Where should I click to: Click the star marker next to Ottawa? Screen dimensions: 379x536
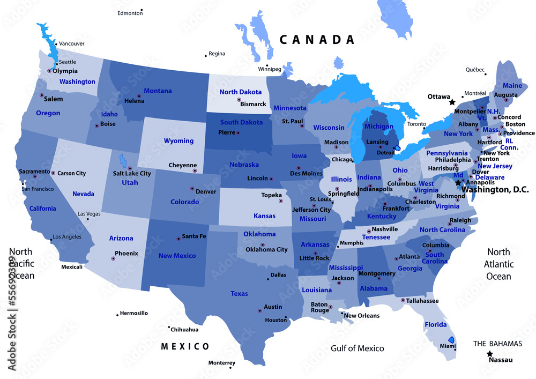(x=452, y=102)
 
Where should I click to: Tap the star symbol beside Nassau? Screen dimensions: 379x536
(x=490, y=354)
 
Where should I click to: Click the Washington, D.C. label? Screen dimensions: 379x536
(x=495, y=190)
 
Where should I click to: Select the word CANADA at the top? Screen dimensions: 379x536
(x=317, y=40)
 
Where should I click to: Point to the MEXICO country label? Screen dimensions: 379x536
(x=185, y=346)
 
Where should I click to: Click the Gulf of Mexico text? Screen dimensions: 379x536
(x=357, y=348)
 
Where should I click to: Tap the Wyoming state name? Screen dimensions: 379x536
(x=178, y=141)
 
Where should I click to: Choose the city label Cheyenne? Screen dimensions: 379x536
(x=183, y=165)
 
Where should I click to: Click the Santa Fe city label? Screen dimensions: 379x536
(x=194, y=236)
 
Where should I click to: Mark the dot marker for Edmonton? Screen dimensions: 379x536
(x=142, y=10)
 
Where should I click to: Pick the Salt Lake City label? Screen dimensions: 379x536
(x=132, y=173)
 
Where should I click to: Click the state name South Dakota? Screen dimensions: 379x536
(x=241, y=122)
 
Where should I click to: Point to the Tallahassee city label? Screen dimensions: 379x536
(x=422, y=301)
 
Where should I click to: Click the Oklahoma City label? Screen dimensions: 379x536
(x=266, y=249)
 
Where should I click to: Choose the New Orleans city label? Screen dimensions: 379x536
(x=362, y=316)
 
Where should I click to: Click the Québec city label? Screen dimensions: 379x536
(x=475, y=70)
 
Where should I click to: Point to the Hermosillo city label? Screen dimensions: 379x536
(x=134, y=313)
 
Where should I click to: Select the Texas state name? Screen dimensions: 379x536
(x=239, y=294)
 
